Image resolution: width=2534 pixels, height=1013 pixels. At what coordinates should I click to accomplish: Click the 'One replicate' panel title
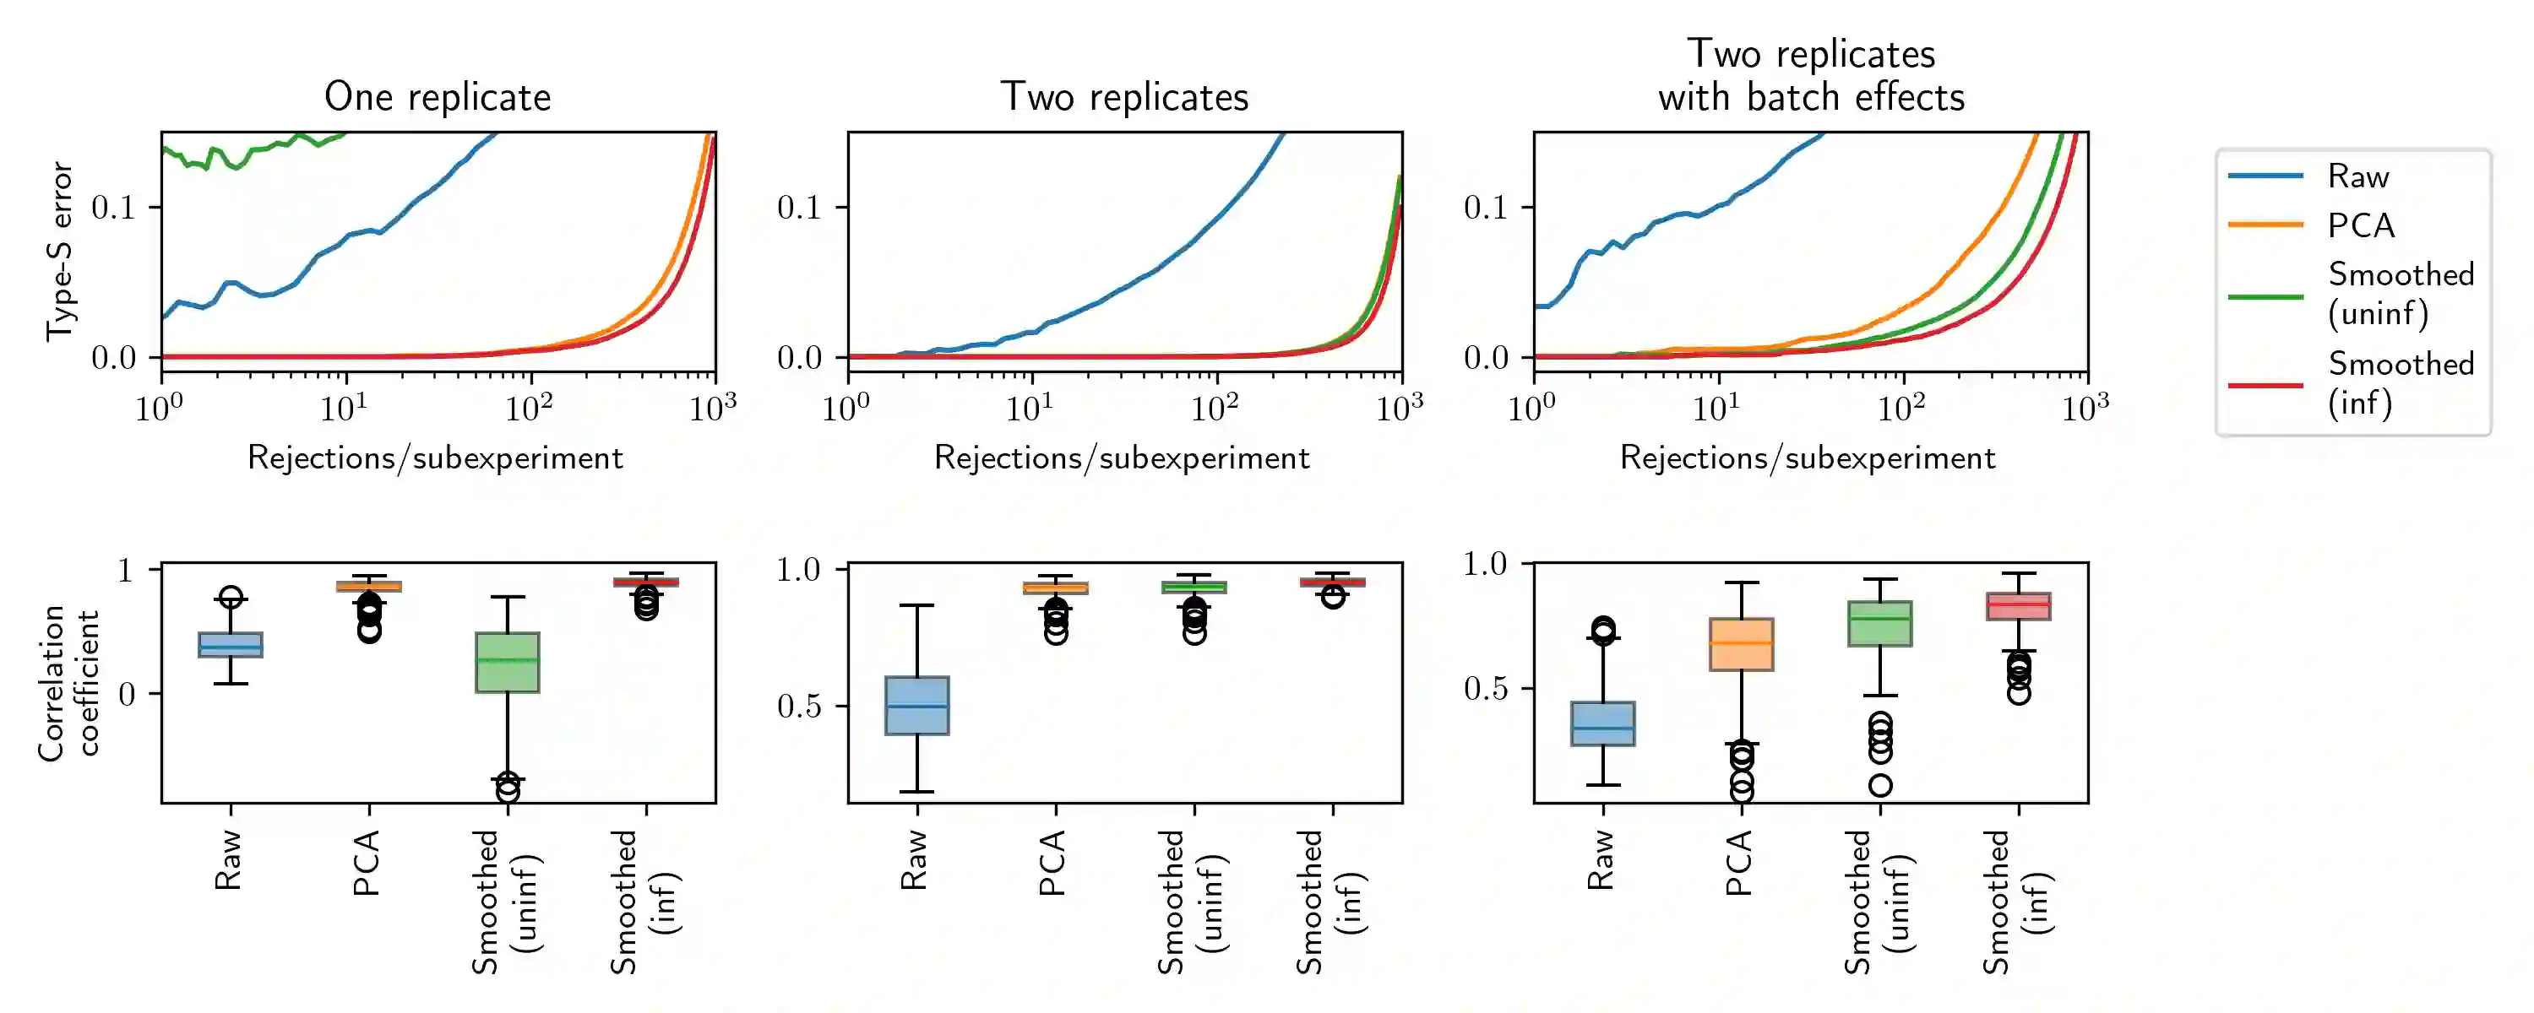point(438,97)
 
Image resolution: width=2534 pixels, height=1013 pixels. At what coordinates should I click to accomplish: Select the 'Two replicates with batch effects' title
point(1811,75)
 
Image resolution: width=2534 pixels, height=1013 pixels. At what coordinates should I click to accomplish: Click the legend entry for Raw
point(2357,176)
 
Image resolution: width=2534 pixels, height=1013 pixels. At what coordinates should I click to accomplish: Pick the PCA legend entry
point(2360,225)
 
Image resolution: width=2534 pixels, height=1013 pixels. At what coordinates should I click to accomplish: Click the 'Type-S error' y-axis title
point(60,252)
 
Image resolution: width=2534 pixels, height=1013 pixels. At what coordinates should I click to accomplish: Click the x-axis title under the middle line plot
point(1122,458)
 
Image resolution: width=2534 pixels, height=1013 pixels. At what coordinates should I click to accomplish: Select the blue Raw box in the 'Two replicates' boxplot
point(916,705)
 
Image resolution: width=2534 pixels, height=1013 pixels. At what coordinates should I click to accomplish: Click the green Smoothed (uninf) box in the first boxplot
point(507,662)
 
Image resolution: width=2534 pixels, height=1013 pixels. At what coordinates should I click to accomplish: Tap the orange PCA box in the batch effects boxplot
point(1741,644)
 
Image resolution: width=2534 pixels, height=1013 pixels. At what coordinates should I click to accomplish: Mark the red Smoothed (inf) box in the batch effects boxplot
point(2019,606)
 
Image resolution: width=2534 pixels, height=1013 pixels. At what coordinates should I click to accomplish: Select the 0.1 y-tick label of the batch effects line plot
point(1486,208)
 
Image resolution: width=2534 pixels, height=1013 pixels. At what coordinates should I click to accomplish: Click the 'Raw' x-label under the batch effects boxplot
point(1601,859)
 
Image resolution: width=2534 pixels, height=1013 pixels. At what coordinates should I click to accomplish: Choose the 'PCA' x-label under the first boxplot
point(366,863)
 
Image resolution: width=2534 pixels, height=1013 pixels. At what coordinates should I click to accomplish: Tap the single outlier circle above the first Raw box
point(231,597)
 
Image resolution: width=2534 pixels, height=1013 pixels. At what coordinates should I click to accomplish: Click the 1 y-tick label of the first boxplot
point(125,571)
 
